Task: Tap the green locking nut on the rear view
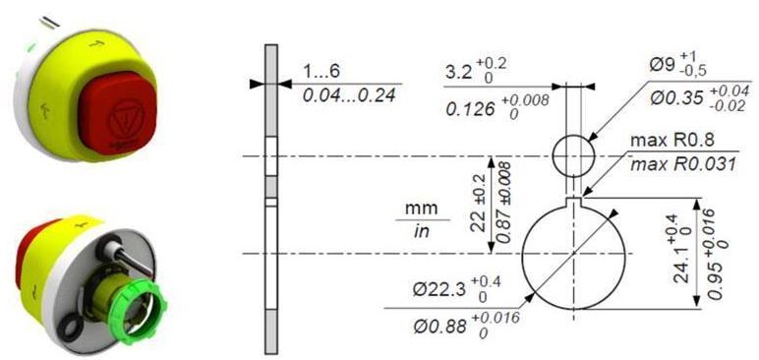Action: (141, 311)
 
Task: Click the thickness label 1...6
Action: (321, 72)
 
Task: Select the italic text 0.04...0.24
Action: (349, 95)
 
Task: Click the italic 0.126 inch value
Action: (497, 107)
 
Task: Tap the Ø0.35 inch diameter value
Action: (699, 98)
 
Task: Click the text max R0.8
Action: (671, 142)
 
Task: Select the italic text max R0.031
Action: (682, 164)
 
